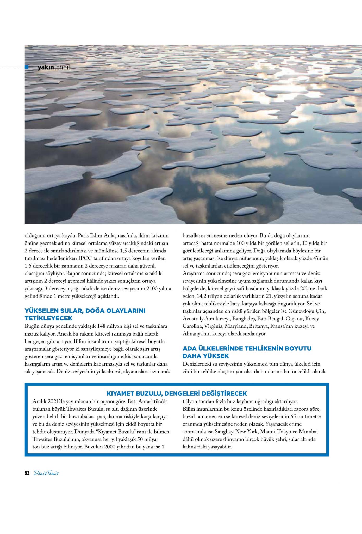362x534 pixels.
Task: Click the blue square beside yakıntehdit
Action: click(27, 67)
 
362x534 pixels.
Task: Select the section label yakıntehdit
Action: click(54, 68)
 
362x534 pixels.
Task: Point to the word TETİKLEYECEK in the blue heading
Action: click(48, 318)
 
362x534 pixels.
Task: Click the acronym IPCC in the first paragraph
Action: click(92, 258)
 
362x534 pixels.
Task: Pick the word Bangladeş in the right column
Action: click(244, 319)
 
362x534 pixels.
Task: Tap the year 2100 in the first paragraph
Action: click(152, 289)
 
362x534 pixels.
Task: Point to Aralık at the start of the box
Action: click(39, 401)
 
